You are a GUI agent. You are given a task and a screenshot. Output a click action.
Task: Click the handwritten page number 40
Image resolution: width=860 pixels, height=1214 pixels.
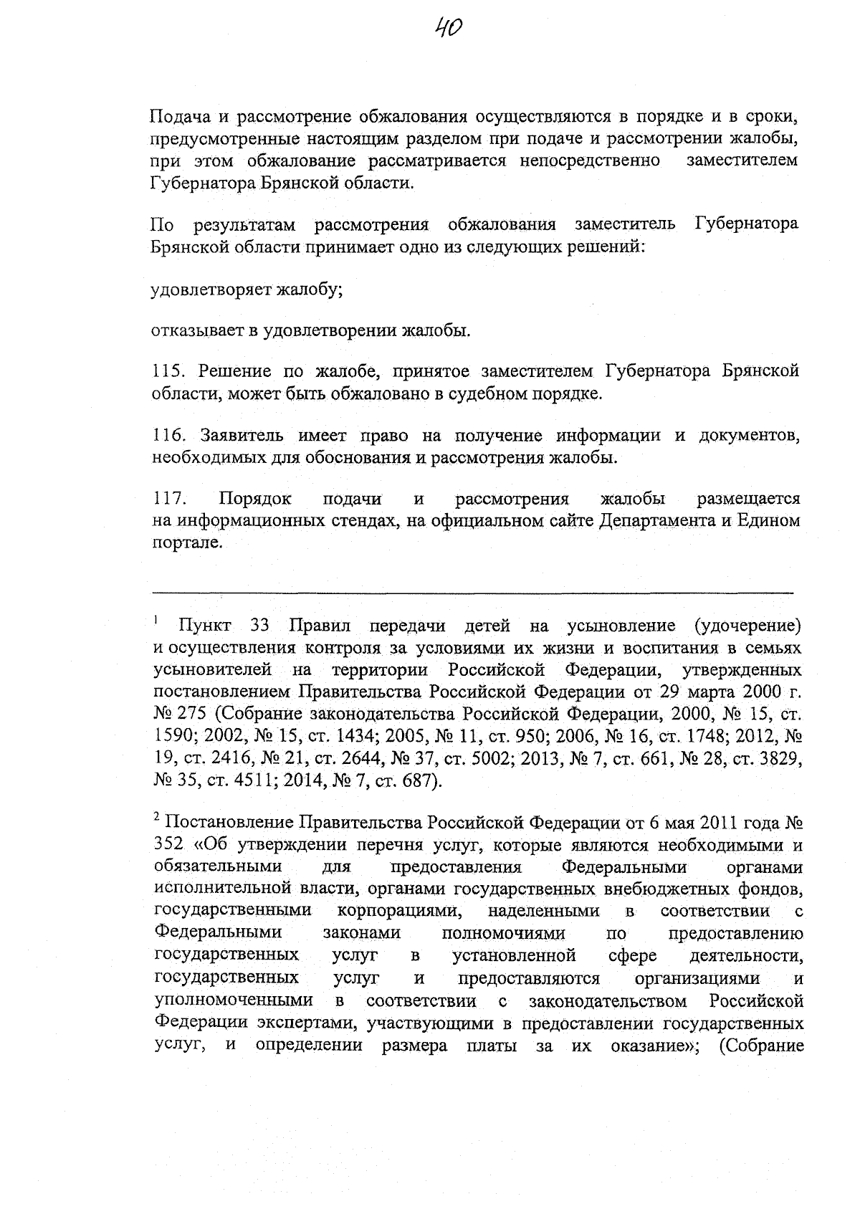[x=449, y=29]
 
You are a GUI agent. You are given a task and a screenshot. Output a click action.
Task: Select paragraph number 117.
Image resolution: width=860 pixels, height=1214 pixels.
[x=169, y=499]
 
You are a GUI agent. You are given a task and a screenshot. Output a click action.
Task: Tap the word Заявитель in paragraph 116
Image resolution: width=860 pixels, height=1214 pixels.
[x=242, y=435]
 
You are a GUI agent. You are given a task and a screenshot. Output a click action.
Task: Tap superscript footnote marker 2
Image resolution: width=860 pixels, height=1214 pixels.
[x=156, y=816]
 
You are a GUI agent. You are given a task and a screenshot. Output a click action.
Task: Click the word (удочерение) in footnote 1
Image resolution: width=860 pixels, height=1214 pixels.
[x=748, y=626]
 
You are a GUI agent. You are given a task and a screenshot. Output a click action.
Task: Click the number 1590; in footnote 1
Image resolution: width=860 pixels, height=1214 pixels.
[x=176, y=736]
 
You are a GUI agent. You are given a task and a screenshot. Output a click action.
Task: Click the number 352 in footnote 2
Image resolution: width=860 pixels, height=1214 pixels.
[x=169, y=846]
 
